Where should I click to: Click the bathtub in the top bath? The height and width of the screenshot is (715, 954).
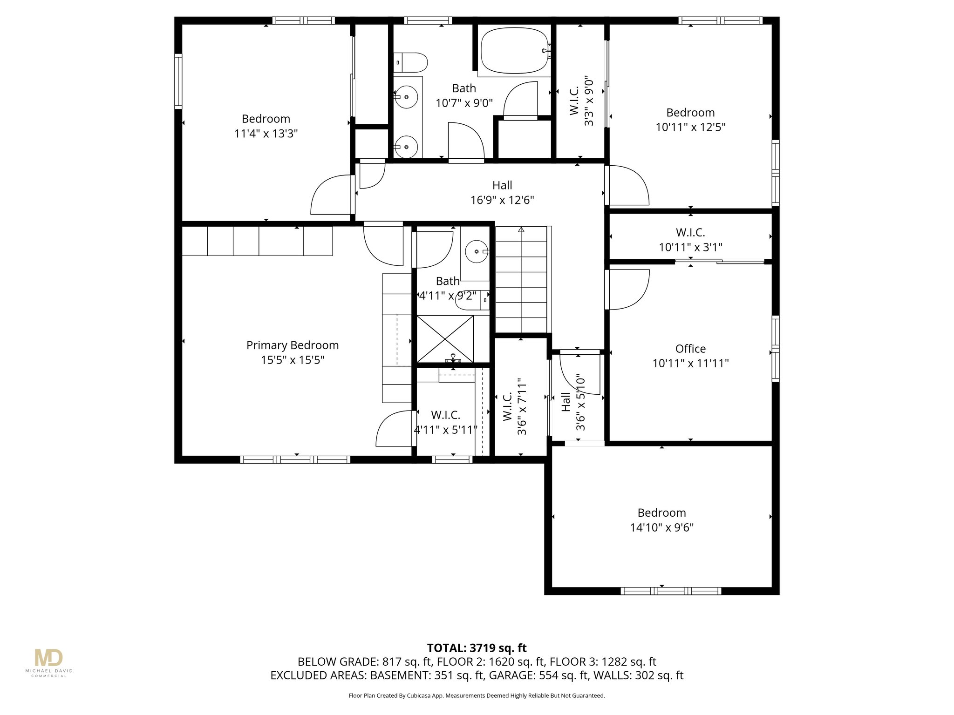pyautogui.click(x=514, y=51)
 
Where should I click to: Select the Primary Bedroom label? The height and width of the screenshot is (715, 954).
pyautogui.click(x=292, y=345)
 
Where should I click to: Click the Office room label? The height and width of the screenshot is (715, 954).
pyautogui.click(x=690, y=349)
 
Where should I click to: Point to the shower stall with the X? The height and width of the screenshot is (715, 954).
pyautogui.click(x=445, y=339)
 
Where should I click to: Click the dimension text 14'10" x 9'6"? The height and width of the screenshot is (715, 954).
pyautogui.click(x=661, y=527)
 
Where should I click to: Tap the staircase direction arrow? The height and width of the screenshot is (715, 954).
pyautogui.click(x=521, y=229)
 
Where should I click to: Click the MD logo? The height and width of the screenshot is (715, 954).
pyautogui.click(x=48, y=658)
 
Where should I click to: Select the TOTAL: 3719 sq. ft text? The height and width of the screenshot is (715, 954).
pyautogui.click(x=477, y=648)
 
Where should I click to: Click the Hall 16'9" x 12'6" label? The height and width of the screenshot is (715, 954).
pyautogui.click(x=502, y=192)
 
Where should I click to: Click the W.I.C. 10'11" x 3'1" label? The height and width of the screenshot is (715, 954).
pyautogui.click(x=690, y=239)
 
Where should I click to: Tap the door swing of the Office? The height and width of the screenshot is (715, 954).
pyautogui.click(x=629, y=290)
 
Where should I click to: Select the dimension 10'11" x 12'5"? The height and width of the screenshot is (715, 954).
pyautogui.click(x=690, y=127)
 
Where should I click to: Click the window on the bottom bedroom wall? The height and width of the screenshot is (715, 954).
pyautogui.click(x=671, y=591)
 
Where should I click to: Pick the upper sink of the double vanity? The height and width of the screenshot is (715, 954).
pyautogui.click(x=407, y=97)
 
